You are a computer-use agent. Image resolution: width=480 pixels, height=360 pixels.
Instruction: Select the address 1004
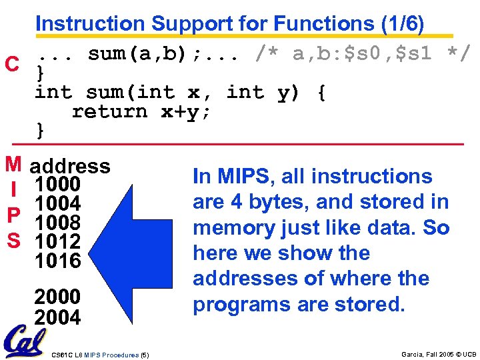pos(57,203)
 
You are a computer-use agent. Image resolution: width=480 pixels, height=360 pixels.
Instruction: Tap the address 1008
pos(57,222)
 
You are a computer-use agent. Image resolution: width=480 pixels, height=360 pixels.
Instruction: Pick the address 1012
pos(57,241)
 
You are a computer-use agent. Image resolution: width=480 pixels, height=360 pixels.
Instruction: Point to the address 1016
pos(57,260)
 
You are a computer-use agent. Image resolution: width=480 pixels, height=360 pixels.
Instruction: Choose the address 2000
pos(57,296)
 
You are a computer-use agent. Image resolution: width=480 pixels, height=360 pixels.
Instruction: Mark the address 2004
pos(57,317)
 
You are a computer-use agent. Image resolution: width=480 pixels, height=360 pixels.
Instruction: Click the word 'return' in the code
pos(109,111)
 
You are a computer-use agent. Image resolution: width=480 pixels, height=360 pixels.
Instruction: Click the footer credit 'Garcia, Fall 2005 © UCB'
pos(439,354)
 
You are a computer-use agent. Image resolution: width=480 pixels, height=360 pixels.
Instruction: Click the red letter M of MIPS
pos(12,163)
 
